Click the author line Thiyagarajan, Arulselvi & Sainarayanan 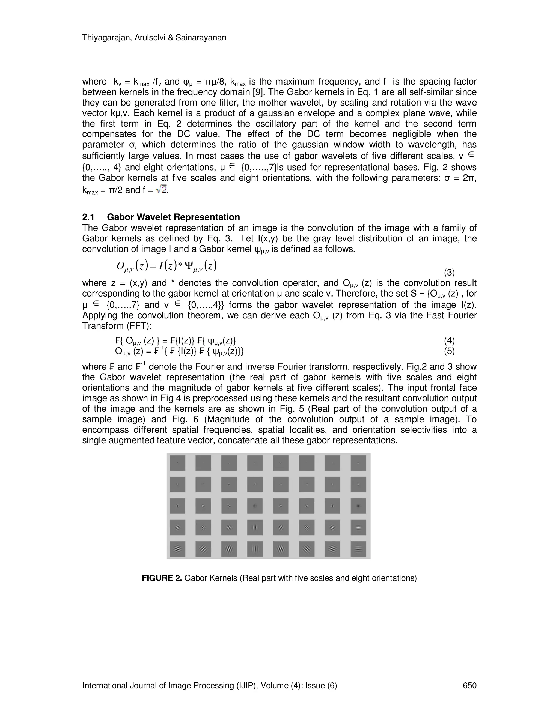[154, 38]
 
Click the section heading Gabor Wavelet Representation [174, 217]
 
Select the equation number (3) [449, 273]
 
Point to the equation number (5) [449, 351]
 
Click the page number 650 [469, 686]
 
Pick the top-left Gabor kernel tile [177, 463]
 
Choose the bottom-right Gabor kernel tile [358, 549]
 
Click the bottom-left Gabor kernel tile [177, 549]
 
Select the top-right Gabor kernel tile [358, 463]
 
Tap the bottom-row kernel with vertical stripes [255, 549]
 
